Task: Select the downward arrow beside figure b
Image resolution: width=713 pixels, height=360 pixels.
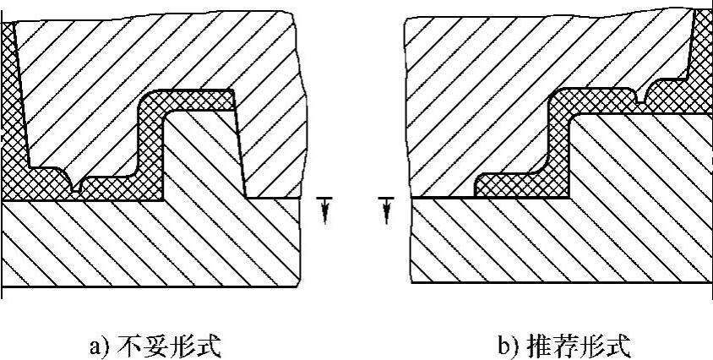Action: pos(386,209)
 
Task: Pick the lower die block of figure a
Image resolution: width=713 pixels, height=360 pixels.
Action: pos(152,245)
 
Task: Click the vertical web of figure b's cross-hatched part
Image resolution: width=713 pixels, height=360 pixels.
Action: pos(558,144)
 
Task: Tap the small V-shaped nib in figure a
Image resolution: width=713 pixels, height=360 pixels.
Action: pos(79,188)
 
